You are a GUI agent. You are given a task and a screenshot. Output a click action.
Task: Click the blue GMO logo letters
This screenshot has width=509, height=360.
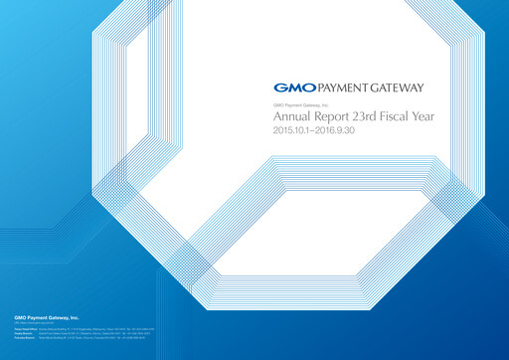pos(289,87)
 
